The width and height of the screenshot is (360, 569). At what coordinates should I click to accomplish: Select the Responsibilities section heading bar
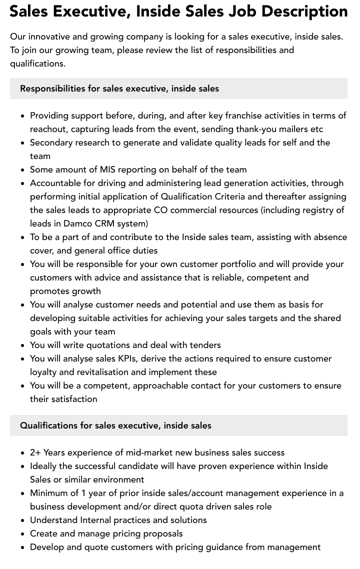click(x=178, y=88)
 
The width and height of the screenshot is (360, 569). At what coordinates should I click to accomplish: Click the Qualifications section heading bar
click(x=178, y=425)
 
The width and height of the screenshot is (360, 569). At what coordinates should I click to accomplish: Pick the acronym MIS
click(x=107, y=169)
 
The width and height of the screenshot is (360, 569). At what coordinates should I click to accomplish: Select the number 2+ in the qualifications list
click(x=35, y=452)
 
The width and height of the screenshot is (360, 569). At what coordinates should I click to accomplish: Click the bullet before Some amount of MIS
click(x=22, y=170)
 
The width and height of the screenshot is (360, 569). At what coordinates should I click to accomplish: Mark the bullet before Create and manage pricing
click(x=22, y=534)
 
